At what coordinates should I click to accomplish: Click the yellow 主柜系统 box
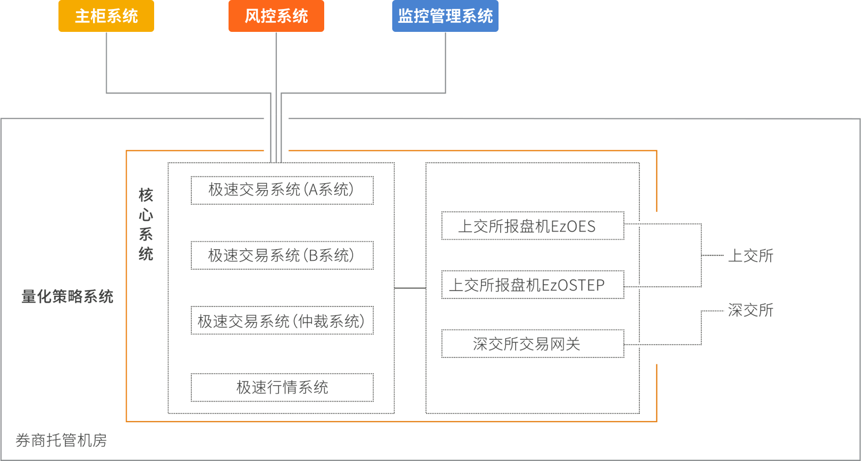tap(106, 16)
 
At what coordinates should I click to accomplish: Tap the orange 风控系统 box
tap(276, 16)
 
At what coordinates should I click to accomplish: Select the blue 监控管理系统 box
tap(445, 16)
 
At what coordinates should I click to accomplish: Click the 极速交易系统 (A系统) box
tap(282, 190)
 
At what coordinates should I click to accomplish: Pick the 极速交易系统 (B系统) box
tap(282, 255)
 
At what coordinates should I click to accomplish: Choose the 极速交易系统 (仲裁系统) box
tap(282, 320)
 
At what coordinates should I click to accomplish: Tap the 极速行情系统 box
tap(282, 388)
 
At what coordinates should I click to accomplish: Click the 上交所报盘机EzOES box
tap(533, 226)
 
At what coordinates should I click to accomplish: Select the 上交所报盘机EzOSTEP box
tap(533, 285)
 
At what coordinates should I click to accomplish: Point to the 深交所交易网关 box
tap(533, 344)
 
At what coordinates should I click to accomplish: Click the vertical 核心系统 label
tap(146, 224)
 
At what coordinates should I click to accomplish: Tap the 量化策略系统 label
tap(67, 296)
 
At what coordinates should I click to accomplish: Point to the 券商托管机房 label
tap(61, 440)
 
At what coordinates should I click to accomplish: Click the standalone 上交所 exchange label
tap(750, 255)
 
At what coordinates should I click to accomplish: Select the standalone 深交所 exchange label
tap(750, 310)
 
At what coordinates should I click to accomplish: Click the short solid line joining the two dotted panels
tap(410, 288)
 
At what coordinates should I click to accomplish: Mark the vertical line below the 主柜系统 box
tap(106, 62)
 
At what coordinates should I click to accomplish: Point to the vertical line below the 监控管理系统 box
tap(445, 62)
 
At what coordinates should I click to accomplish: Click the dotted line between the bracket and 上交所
tap(713, 255)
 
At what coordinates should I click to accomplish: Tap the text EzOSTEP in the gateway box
tap(573, 285)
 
